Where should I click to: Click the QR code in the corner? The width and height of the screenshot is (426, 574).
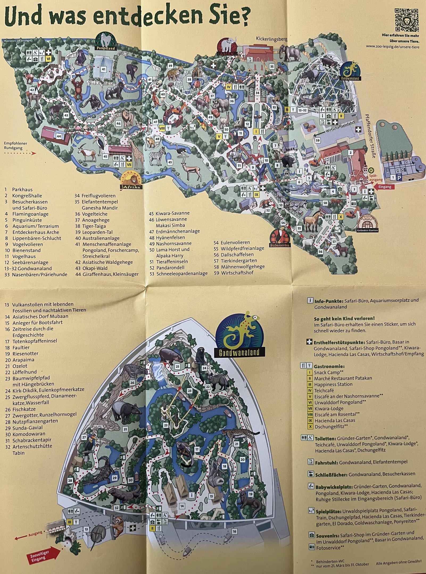406,20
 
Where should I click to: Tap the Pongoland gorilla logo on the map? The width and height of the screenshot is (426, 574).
106,41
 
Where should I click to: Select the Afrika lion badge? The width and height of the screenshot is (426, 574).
132,181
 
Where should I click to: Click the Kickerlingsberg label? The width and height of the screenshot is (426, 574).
271,39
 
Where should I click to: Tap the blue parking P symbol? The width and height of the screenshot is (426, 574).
399,178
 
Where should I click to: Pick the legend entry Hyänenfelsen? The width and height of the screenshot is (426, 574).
170,237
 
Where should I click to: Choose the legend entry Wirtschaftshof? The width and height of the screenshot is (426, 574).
237,273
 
